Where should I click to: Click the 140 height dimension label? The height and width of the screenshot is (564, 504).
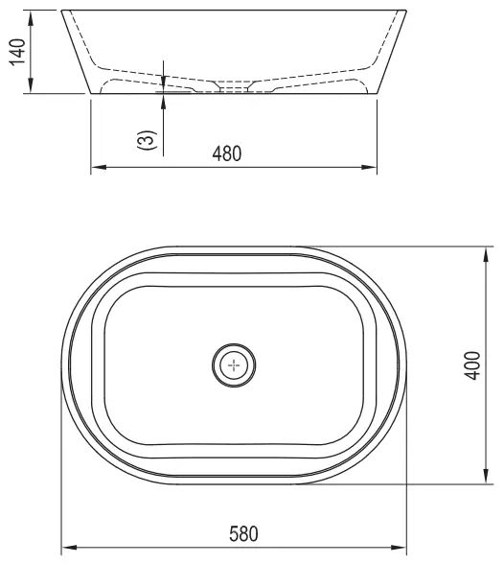(18, 52)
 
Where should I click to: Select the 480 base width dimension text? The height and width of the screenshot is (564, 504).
(227, 153)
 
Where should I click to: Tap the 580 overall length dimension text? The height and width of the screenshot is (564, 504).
(243, 533)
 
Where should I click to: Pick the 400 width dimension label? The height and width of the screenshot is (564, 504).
(472, 365)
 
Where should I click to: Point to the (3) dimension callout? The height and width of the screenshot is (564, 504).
(148, 140)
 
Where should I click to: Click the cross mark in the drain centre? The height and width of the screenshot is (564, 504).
(234, 365)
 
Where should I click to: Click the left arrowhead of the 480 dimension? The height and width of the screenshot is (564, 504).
(99, 167)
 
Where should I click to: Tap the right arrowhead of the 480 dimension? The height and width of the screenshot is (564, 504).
(369, 167)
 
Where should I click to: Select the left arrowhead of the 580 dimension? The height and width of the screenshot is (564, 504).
(69, 548)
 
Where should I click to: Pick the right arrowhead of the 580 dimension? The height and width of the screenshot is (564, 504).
(399, 548)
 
